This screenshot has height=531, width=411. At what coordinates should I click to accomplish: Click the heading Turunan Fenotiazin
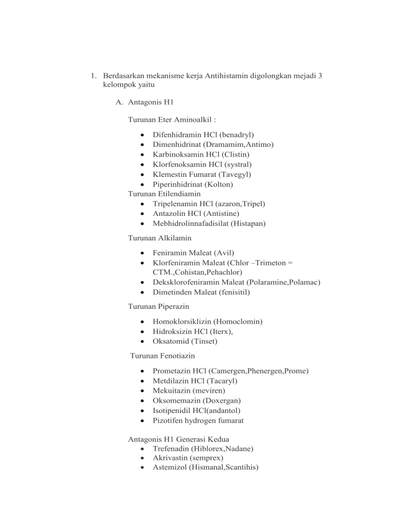click(161, 355)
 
